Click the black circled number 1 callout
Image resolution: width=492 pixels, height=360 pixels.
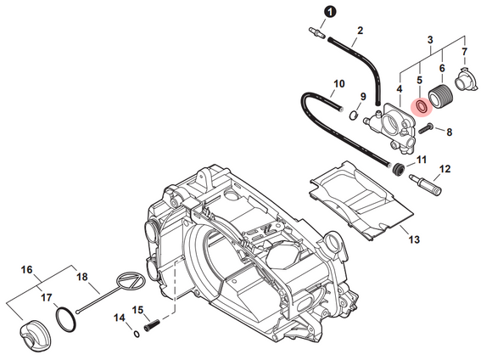[330, 12]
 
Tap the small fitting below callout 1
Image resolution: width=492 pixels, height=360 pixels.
[316, 33]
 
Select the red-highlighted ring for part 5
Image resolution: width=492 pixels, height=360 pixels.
[422, 106]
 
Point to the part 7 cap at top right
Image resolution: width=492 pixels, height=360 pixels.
[467, 81]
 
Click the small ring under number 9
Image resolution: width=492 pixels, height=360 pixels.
[354, 115]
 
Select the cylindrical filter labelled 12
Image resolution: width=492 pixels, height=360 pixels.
[426, 183]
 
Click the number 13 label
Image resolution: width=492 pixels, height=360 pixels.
[414, 239]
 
